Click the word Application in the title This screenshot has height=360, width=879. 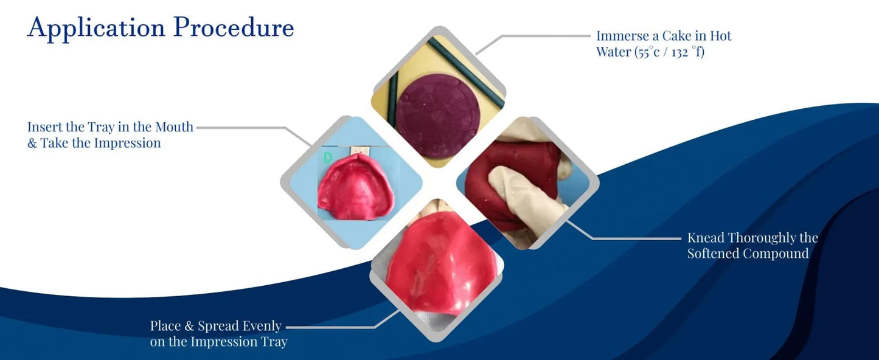pos(96,28)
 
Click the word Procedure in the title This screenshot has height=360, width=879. pos(234,27)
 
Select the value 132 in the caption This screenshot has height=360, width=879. pos(680,52)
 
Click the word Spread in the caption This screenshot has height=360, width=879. pos(218,327)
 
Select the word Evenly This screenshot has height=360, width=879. pos(262,327)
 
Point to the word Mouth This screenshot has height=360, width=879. pos(174,127)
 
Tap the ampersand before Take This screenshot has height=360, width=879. pos(32,143)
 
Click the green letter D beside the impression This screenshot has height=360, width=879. pos(328,157)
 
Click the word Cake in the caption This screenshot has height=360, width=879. pos(678,36)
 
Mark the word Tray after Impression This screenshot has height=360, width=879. pos(274,342)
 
